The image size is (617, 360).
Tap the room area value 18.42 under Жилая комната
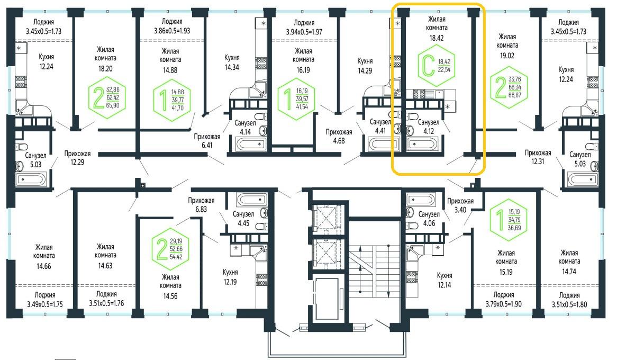tap(437, 38)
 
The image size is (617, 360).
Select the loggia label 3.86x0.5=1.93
tap(172, 31)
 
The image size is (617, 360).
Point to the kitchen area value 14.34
tap(232, 67)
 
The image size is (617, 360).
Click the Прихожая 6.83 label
tap(201, 205)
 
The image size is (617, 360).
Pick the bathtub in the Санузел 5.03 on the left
tap(31, 180)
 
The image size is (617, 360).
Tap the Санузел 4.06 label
tap(429, 219)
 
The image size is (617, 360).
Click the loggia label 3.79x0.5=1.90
tap(504, 304)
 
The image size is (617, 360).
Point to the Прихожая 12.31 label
tap(538, 157)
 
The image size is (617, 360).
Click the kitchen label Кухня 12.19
tap(230, 277)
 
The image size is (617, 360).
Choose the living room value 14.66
tap(44, 266)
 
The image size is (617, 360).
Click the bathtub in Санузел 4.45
tap(252, 199)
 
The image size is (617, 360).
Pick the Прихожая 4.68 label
tap(339, 136)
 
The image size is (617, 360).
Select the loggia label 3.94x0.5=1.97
tap(304, 32)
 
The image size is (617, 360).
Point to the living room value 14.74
tap(569, 272)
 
